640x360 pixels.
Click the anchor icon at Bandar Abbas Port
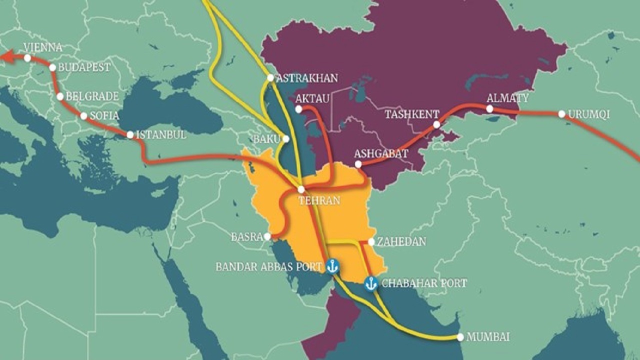pos(332,266)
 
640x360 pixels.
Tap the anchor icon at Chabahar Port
pos(370,283)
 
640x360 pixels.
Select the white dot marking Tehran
pos(301,189)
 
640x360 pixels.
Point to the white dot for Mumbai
pos(460,337)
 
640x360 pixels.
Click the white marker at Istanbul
pos(130,134)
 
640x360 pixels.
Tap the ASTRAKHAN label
pos(306,78)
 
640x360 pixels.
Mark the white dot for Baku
pos(285,138)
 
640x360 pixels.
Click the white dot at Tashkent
pos(436,124)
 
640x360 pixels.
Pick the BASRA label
pos(246,237)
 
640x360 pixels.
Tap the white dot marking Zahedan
pos(371,242)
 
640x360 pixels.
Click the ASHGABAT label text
pos(381,153)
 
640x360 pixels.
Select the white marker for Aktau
pos(298,108)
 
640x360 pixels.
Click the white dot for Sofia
pos(83,116)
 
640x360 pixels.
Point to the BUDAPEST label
pos(84,67)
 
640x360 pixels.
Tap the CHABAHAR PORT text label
pos(424,283)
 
